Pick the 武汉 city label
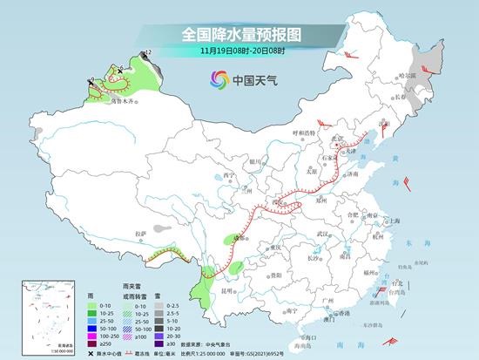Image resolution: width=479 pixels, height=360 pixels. (324, 234)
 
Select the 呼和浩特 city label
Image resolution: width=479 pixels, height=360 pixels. (307, 132)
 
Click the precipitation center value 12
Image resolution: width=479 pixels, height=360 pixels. (149, 53)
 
